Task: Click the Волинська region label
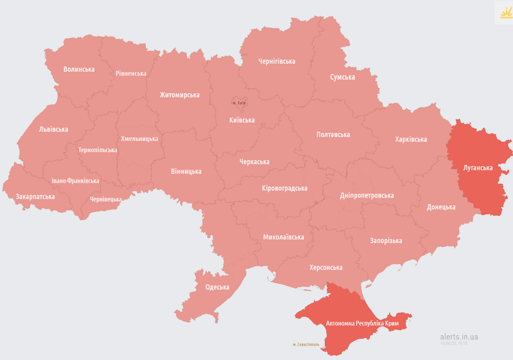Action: (79, 69)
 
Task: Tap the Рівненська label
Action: (131, 74)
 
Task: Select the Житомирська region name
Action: (180, 95)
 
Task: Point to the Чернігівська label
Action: (277, 61)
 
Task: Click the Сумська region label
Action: (342, 77)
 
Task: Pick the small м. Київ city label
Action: (239, 103)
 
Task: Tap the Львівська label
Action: (53, 129)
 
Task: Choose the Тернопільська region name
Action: (98, 150)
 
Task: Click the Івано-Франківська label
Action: (75, 180)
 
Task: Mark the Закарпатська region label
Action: (35, 197)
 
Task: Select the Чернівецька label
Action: (106, 199)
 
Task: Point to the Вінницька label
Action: (186, 172)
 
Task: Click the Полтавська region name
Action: (333, 135)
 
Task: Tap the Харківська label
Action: (411, 140)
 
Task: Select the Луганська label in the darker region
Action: (478, 168)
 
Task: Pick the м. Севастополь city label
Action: (306, 345)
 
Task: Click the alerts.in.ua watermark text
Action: (459, 337)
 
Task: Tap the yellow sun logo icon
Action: (506, 13)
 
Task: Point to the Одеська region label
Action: (217, 287)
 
